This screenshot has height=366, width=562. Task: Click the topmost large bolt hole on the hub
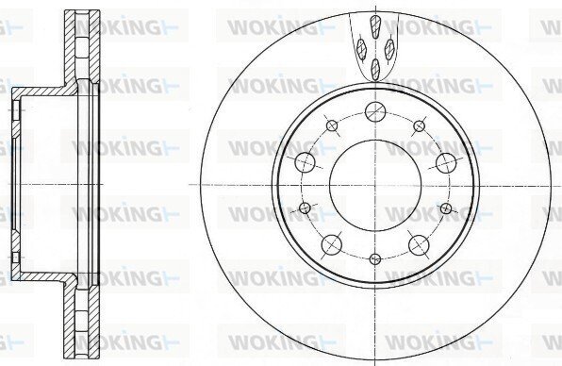tap(375, 112)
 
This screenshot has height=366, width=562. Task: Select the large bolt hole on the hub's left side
tap(305, 162)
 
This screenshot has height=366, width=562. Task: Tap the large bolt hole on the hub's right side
tap(446, 162)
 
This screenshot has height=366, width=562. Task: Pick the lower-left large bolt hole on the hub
tap(332, 244)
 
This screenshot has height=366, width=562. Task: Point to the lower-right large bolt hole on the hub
tap(419, 245)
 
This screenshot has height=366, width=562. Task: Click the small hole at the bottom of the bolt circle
tap(375, 258)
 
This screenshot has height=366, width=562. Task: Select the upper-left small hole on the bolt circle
tap(332, 125)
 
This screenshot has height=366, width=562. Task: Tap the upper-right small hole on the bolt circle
tap(419, 125)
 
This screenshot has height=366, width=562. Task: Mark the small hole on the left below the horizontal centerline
tap(305, 208)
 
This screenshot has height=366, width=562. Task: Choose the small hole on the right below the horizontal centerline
tap(445, 208)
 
